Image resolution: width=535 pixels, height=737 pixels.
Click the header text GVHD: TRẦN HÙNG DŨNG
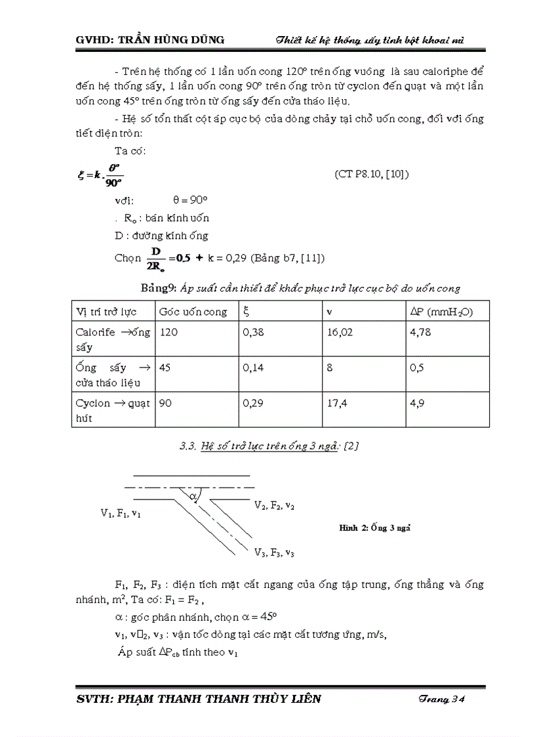(x=150, y=40)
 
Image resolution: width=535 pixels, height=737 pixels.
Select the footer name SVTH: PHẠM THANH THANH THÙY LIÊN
(x=199, y=699)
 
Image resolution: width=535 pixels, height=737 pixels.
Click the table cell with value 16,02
(x=340, y=333)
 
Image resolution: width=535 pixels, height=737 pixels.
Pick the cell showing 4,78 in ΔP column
(x=420, y=333)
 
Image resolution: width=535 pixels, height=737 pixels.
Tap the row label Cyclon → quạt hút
(x=112, y=410)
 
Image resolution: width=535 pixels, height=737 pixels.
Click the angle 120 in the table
(x=168, y=333)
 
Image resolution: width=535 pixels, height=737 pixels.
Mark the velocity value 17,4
(x=336, y=404)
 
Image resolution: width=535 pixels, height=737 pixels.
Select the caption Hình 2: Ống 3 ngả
(x=374, y=527)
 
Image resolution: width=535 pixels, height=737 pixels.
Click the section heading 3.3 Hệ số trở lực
(x=268, y=446)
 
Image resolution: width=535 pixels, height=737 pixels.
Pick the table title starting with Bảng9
(x=301, y=288)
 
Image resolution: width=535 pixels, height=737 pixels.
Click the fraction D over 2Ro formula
(x=156, y=258)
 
